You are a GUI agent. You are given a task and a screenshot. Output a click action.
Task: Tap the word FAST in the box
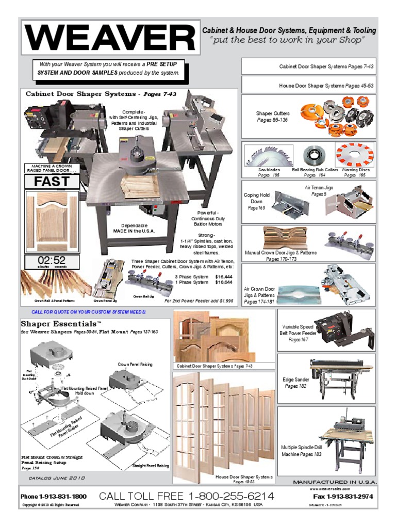coord(52,181)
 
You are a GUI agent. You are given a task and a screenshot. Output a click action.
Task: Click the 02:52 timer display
coord(52,260)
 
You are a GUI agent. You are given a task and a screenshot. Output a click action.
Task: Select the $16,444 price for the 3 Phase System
coord(223,276)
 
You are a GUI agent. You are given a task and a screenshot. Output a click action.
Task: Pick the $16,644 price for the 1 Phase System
coord(223,283)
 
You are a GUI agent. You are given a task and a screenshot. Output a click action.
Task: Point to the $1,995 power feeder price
coord(223,300)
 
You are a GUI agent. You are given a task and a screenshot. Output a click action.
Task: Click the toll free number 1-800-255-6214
coord(187,496)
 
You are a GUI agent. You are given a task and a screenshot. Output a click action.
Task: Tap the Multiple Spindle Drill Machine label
coord(301,451)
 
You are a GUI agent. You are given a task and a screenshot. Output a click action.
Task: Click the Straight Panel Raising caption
coord(151,466)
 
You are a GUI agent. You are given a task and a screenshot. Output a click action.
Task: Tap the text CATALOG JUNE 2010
coord(57,478)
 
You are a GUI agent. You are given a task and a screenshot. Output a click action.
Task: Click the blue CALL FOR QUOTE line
coord(89,312)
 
